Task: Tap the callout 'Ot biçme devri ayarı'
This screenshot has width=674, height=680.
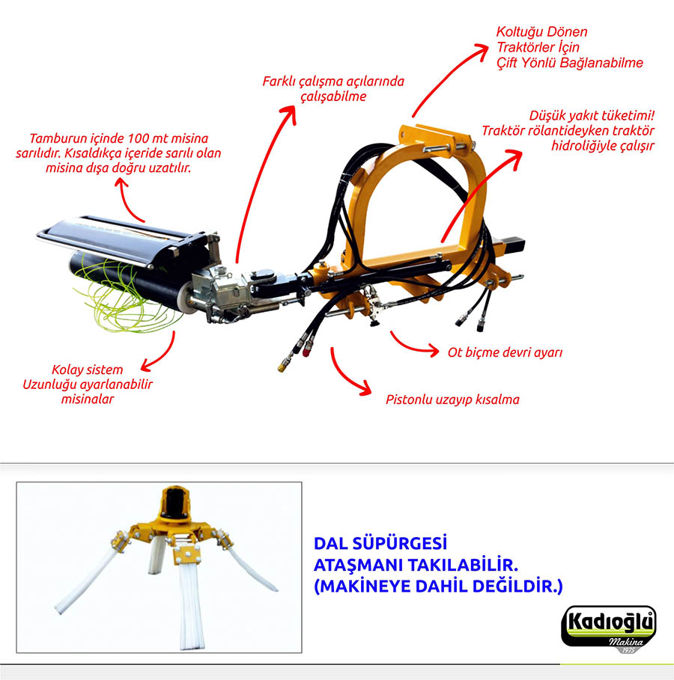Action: coord(505,352)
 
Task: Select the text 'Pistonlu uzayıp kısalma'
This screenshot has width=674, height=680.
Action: coord(452,399)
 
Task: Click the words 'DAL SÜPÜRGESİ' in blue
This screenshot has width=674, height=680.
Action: coord(380,543)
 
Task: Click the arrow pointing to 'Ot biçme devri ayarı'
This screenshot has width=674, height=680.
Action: coord(414,343)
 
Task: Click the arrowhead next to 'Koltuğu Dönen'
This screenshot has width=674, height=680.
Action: coord(482,50)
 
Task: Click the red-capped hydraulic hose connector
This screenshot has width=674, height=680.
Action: coord(307,350)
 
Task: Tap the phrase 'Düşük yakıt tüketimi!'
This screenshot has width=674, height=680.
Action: coord(592,116)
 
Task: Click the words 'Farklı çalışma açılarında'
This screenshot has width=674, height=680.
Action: coord(333,82)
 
